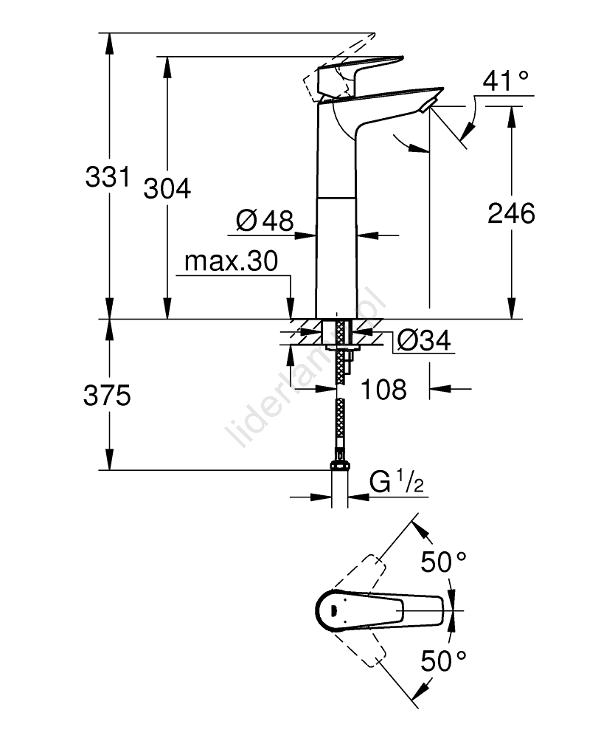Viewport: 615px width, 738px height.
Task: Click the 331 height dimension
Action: pyautogui.click(x=108, y=177)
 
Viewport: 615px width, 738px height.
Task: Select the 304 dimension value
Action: pyautogui.click(x=167, y=189)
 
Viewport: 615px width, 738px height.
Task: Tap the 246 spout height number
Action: pyautogui.click(x=511, y=214)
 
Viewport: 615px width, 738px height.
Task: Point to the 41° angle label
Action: pyautogui.click(x=507, y=80)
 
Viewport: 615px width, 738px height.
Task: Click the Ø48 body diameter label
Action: pyautogui.click(x=265, y=219)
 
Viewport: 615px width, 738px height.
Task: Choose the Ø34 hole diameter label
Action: pyautogui.click(x=423, y=340)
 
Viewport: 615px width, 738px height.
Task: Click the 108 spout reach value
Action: pyautogui.click(x=384, y=389)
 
